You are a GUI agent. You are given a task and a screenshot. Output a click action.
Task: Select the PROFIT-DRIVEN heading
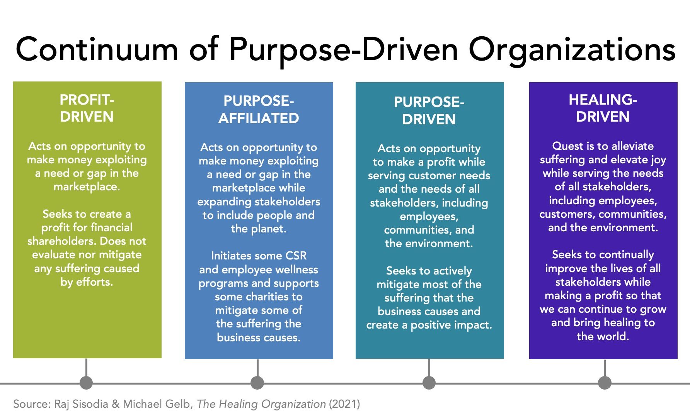point(87,108)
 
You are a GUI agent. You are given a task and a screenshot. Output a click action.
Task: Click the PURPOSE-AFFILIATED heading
point(259,109)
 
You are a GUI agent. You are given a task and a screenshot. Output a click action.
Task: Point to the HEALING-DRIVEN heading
point(603,108)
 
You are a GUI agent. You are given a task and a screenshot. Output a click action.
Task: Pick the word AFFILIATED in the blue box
point(259,118)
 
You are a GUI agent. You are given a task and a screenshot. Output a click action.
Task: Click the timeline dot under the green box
point(86,383)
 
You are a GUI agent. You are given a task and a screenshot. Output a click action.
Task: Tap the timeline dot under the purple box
point(605,383)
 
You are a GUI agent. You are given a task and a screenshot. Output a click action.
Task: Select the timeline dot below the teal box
point(429,383)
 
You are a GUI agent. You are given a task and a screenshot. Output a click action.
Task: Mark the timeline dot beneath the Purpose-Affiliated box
point(257,383)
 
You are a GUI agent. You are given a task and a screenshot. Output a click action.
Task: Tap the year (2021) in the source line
point(344,404)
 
